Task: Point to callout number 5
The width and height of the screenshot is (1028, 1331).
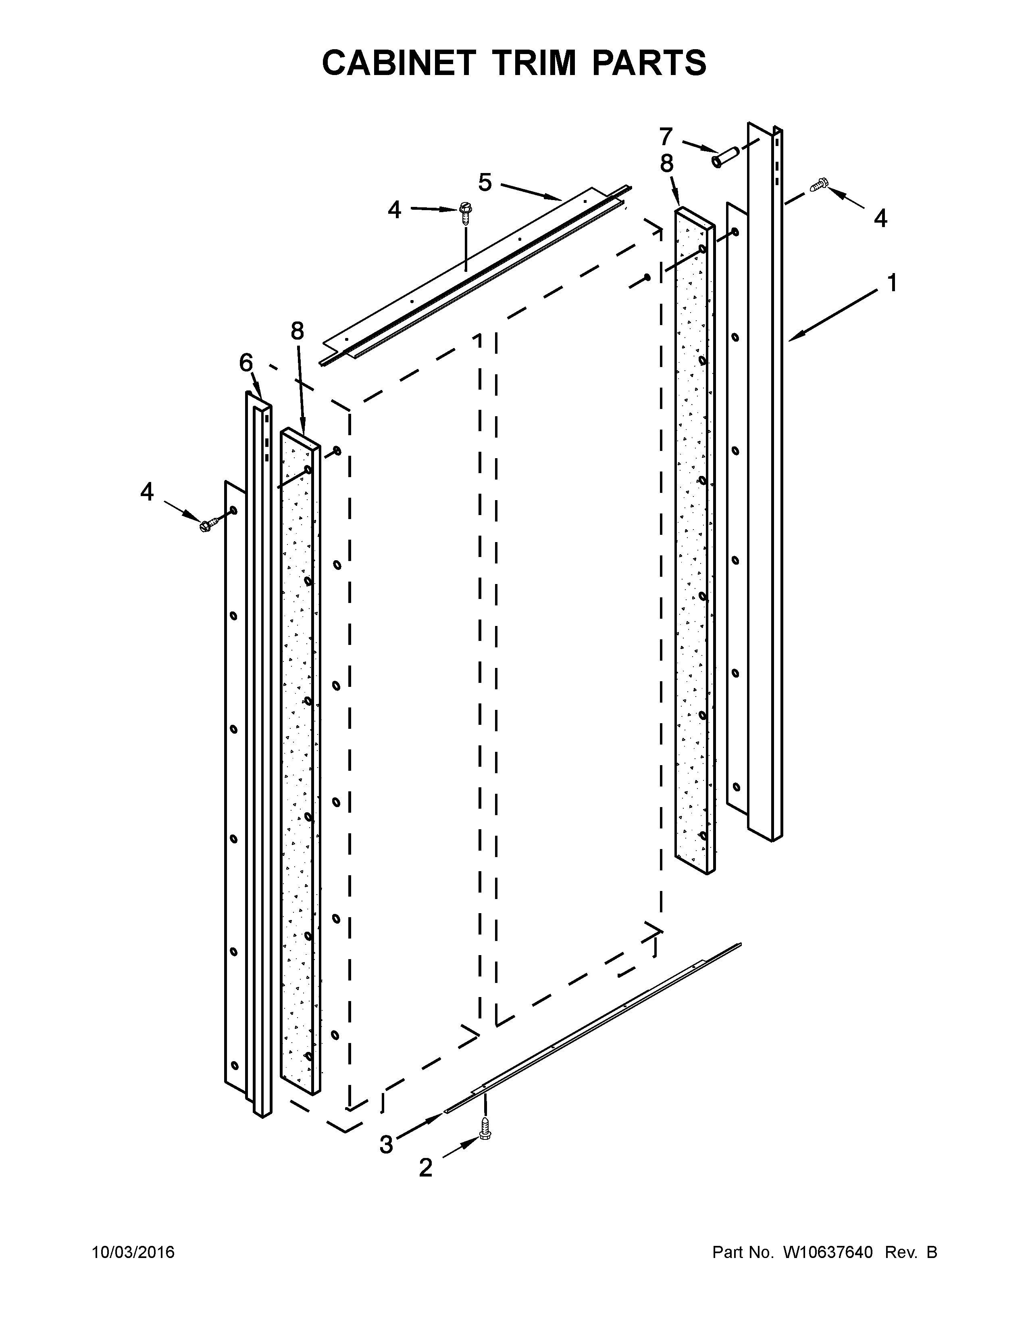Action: point(485,182)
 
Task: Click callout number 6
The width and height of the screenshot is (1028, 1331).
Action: point(246,363)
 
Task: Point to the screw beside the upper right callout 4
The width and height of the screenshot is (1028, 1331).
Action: point(819,186)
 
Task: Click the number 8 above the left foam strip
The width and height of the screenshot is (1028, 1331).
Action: point(297,331)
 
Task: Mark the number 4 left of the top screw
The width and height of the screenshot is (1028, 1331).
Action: point(395,210)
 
